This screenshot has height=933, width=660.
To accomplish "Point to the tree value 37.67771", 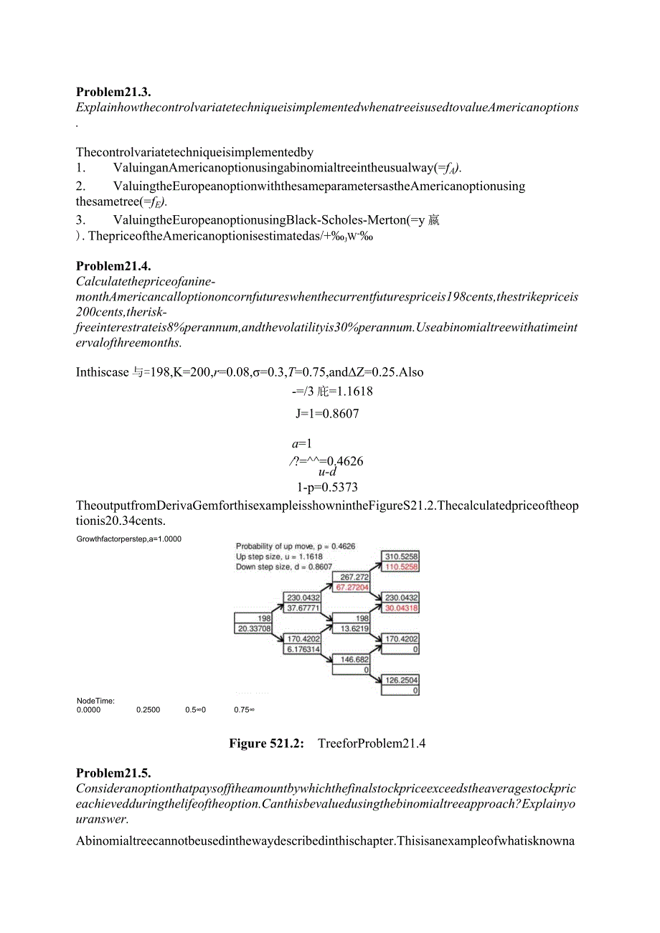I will pyautogui.click(x=303, y=608).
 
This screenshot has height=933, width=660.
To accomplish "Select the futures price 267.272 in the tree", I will pyautogui.click(x=354, y=577).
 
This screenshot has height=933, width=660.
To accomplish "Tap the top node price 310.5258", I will pyautogui.click(x=401, y=557).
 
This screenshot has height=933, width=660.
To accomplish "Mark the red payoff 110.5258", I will pyautogui.click(x=401, y=567).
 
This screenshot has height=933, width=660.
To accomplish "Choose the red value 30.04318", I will pyautogui.click(x=401, y=608).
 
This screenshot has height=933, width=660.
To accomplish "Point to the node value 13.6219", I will pyautogui.click(x=354, y=629).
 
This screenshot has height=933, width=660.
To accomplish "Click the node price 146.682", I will pyautogui.click(x=354, y=660).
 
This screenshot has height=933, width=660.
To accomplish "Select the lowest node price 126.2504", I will pyautogui.click(x=401, y=681).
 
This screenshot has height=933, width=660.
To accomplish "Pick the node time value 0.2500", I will pyautogui.click(x=148, y=710).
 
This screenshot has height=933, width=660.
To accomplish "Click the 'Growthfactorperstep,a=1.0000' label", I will pyautogui.click(x=129, y=539).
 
